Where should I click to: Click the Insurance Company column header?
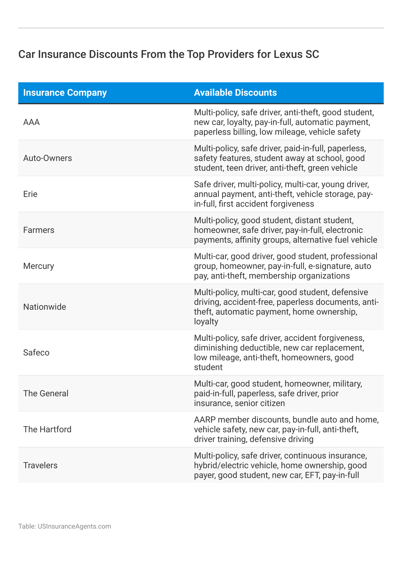(65, 93)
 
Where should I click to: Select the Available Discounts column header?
(235, 93)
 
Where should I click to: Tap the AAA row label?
(31, 122)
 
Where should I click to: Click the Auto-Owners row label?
(48, 158)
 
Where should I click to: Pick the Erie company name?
(30, 194)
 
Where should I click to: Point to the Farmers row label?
(39, 230)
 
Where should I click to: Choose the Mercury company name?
(38, 266)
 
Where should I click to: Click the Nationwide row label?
(44, 307)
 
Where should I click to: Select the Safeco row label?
(36, 353)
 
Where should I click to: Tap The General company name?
(46, 394)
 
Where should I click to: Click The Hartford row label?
(47, 430)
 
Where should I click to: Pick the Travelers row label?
(40, 465)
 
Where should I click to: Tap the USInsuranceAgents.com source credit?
(74, 526)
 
